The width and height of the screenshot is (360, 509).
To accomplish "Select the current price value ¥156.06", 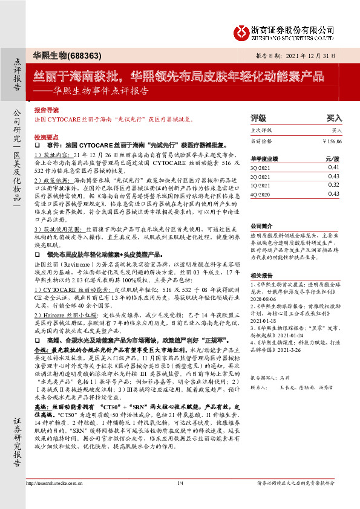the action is [332, 141].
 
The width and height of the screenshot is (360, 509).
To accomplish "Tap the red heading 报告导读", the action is [47, 111].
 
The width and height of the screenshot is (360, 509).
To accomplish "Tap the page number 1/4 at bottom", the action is [180, 500].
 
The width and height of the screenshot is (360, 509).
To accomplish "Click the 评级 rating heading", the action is [258, 118].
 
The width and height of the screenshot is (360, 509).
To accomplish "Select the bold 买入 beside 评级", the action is [334, 118].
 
